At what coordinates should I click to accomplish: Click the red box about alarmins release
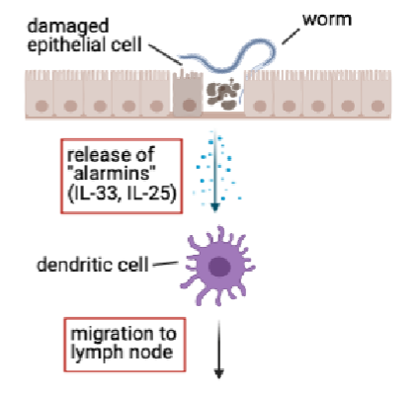pyautogui.click(x=121, y=172)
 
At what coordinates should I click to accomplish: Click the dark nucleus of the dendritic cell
pyautogui.click(x=219, y=266)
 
